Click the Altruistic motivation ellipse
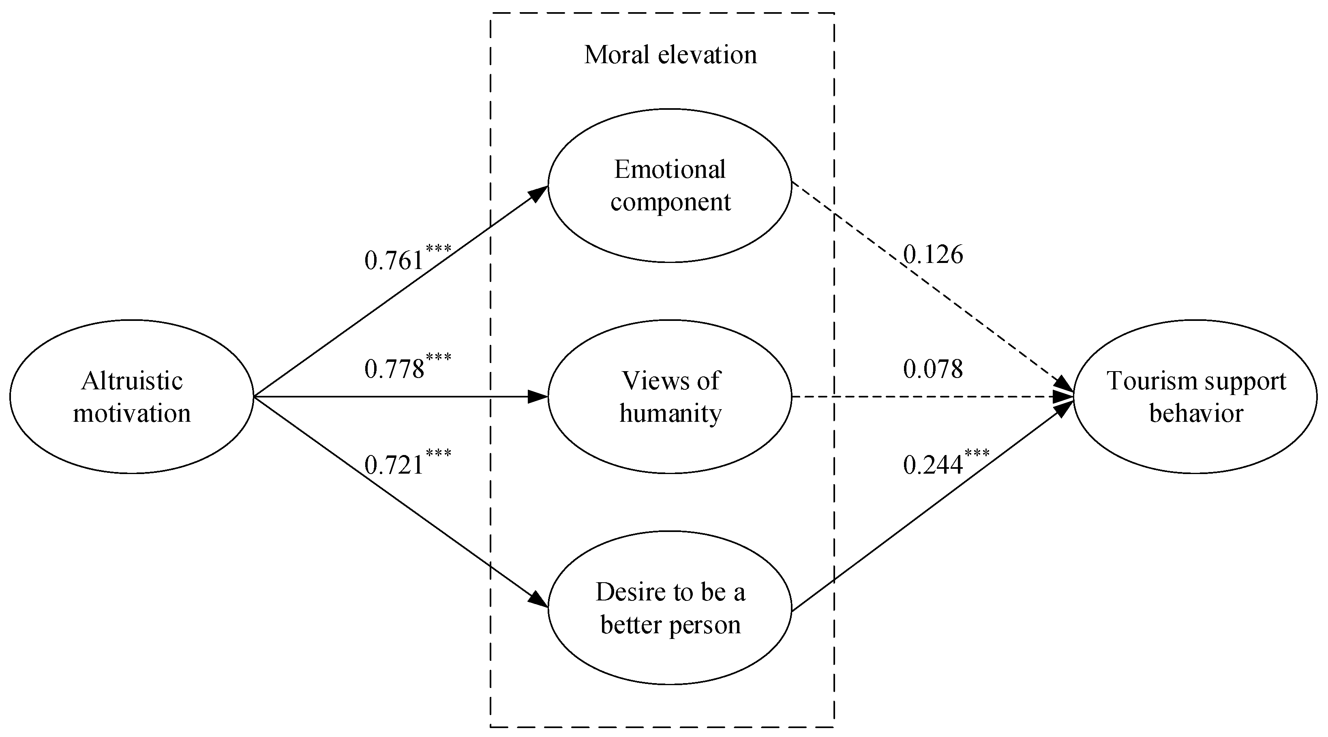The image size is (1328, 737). coord(132,396)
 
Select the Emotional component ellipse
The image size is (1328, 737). coord(670,186)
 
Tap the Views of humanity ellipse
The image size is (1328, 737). coord(670,396)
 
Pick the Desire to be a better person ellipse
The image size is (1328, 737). coord(670,608)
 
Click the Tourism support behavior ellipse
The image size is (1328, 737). coord(1195,396)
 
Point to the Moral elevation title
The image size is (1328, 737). coord(670,55)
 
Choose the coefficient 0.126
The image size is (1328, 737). coord(933,254)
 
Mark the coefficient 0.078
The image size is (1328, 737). coord(933,369)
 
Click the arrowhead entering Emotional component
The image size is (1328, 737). coord(539,193)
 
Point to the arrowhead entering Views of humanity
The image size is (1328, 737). coord(538,396)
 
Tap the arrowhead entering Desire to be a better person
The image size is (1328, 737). coord(539,600)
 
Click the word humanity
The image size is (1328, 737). coord(670,413)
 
